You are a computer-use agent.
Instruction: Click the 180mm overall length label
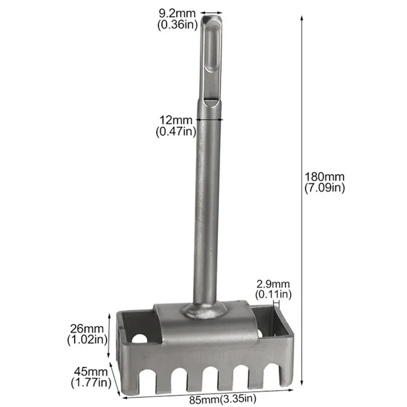[325, 177]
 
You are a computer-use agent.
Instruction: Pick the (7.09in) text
[325, 188]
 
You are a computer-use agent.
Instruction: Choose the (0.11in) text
[273, 294]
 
